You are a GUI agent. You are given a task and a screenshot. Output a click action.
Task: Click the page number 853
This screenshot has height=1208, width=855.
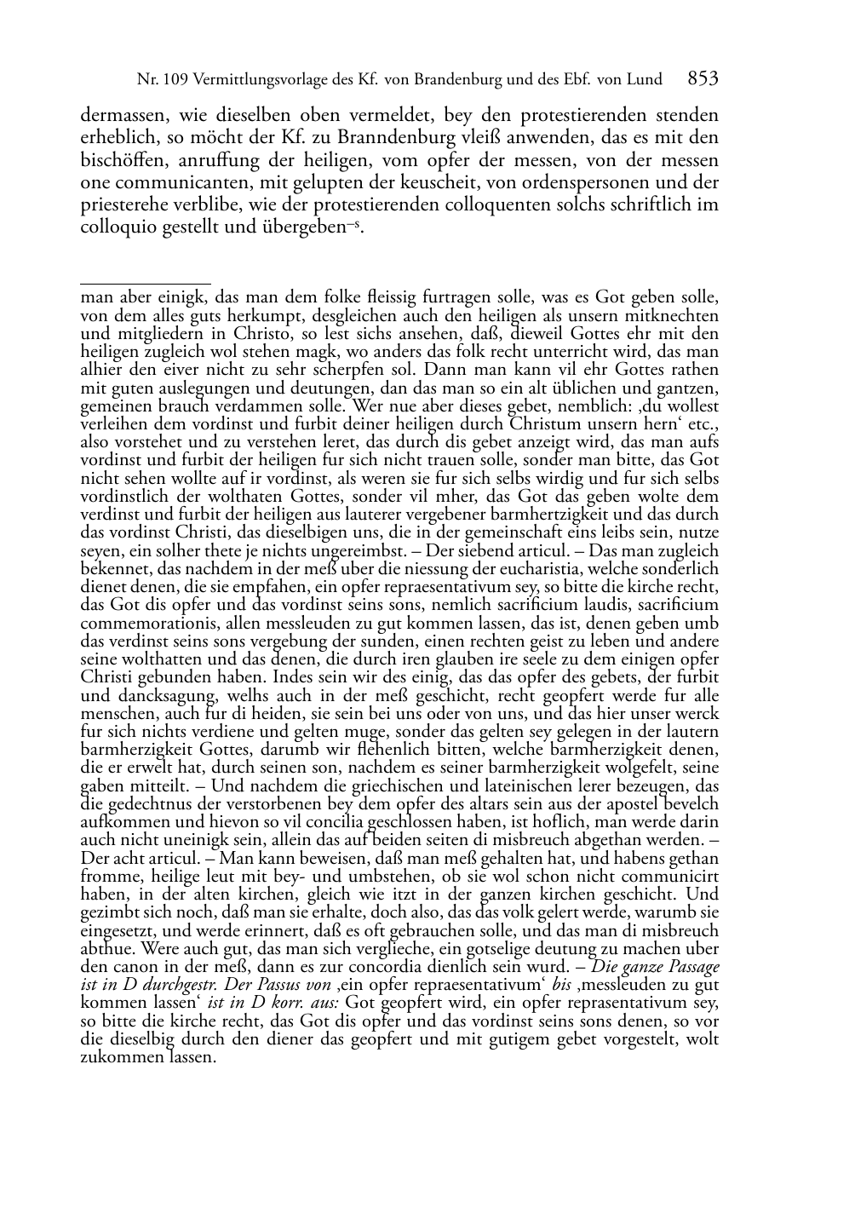click(703, 79)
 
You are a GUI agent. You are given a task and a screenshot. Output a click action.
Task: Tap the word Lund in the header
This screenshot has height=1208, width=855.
click(644, 80)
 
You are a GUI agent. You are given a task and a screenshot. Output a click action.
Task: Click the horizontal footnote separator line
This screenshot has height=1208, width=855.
click(145, 283)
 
